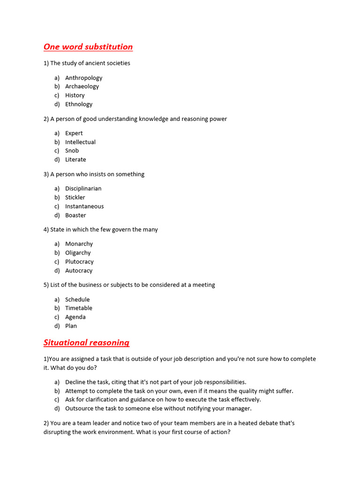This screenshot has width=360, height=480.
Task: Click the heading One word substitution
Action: coord(88,47)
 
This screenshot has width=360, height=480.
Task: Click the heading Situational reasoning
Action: coord(86,342)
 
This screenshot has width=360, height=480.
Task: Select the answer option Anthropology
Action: coord(83,78)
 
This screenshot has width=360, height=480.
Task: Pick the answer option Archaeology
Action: coord(82,86)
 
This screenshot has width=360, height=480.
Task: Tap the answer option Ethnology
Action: coord(79,104)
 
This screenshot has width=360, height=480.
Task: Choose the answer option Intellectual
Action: coord(80,142)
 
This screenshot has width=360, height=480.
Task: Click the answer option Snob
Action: coord(72,150)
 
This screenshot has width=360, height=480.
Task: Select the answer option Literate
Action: coord(75,159)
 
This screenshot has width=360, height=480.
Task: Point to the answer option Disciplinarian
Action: coord(83,188)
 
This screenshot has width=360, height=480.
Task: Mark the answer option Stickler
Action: coord(75,197)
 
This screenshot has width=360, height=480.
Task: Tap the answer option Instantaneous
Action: coord(84,206)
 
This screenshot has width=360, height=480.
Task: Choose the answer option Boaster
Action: coord(75,215)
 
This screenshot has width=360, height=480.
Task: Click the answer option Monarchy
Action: coord(79,244)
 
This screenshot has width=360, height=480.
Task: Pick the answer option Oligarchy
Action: coord(78,253)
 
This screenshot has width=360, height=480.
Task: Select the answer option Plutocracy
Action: coord(79,262)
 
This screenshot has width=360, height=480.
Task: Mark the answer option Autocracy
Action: coord(79,270)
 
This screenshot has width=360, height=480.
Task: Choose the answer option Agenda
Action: coord(75,317)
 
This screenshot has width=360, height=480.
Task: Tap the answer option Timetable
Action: coord(79,308)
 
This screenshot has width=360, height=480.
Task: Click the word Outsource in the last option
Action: coord(79,408)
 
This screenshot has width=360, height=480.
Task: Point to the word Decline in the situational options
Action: coord(75,382)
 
